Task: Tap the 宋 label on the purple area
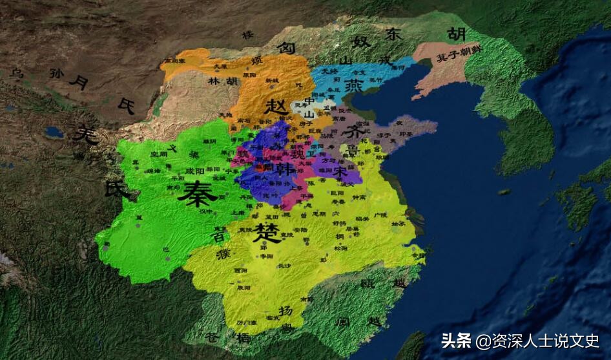pyautogui.click(x=340, y=171)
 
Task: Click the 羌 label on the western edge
pyautogui.click(x=85, y=134)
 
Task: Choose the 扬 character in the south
pyautogui.click(x=284, y=311)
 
